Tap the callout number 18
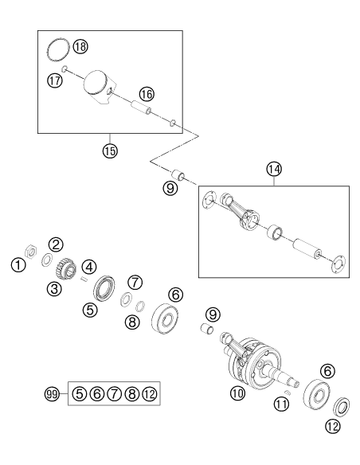click(x=80, y=46)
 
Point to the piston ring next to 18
click(x=59, y=50)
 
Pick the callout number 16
click(x=147, y=94)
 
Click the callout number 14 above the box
click(x=274, y=169)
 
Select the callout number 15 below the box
click(x=110, y=151)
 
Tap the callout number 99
click(x=52, y=394)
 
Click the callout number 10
click(x=238, y=393)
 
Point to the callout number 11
click(x=281, y=404)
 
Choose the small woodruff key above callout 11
click(x=287, y=393)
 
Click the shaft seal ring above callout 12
click(x=342, y=406)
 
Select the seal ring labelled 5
click(x=104, y=288)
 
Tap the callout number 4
click(x=89, y=267)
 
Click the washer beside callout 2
click(x=46, y=260)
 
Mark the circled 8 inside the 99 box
click(x=132, y=394)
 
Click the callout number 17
click(x=55, y=80)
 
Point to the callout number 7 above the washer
click(x=135, y=282)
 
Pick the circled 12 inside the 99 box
click(x=150, y=394)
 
